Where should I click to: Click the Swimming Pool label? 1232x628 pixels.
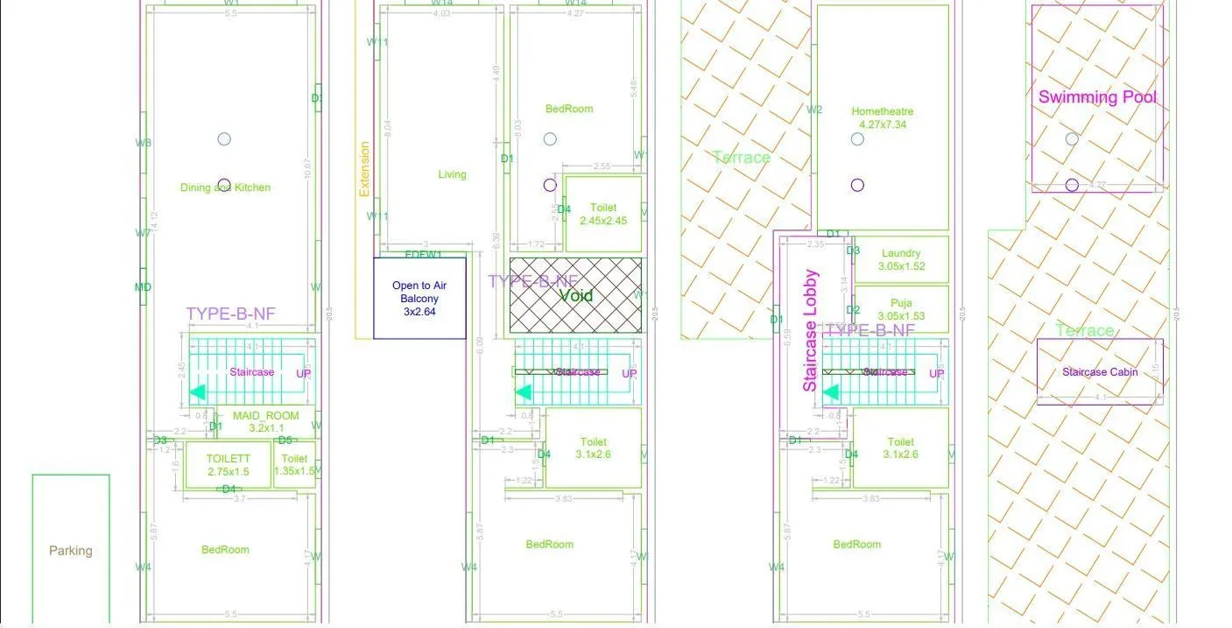coord(1097,97)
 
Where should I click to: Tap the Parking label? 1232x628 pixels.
coord(70,551)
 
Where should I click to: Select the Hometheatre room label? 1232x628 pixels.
coord(882,111)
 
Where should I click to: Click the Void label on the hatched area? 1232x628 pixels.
coord(576,296)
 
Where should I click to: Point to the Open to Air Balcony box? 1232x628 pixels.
coord(419,299)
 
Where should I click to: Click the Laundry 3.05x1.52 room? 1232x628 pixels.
coord(901,259)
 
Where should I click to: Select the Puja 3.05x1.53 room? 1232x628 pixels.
coord(901,310)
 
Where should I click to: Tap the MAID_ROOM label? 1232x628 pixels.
coord(265,416)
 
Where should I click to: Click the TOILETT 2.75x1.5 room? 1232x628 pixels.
coord(229,464)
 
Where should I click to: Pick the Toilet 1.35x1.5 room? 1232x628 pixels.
coord(295,464)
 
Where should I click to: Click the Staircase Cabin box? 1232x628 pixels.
coord(1100,372)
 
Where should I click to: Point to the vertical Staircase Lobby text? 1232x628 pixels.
coord(811,330)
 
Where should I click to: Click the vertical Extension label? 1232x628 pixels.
coord(364,169)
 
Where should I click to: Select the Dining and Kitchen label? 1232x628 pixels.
coord(225,187)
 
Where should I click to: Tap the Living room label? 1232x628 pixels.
coord(452,174)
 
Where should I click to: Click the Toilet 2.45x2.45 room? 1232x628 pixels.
coord(603,214)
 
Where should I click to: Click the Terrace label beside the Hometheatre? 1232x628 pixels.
coord(741,158)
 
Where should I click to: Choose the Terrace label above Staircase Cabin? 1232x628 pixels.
coord(1084,330)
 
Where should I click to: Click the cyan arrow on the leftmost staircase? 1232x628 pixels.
coord(198,392)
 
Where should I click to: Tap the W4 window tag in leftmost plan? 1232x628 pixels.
coord(143,568)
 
